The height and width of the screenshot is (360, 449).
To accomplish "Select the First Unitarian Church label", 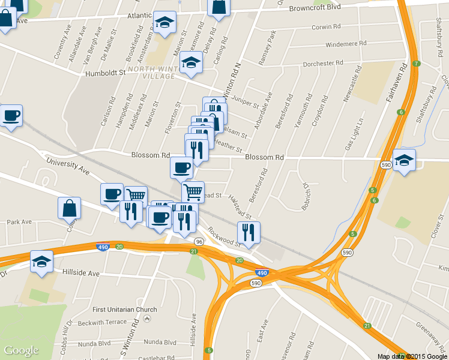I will tap(125, 310).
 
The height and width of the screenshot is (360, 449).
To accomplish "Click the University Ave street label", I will tap(68, 167).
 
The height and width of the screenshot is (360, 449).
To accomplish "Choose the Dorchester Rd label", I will tap(323, 62).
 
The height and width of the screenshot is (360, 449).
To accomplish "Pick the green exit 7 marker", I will tap(416, 64).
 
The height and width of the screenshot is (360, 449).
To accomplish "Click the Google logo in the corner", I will tap(21, 350).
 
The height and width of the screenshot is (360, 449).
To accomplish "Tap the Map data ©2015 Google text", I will tap(412, 356).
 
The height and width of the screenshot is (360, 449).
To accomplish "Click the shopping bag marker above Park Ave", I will tap(70, 208).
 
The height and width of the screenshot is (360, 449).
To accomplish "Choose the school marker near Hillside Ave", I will tap(42, 262).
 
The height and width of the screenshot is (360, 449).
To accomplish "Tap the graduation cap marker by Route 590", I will tap(405, 160).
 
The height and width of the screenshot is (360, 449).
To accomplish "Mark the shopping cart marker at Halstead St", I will tap(193, 192).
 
